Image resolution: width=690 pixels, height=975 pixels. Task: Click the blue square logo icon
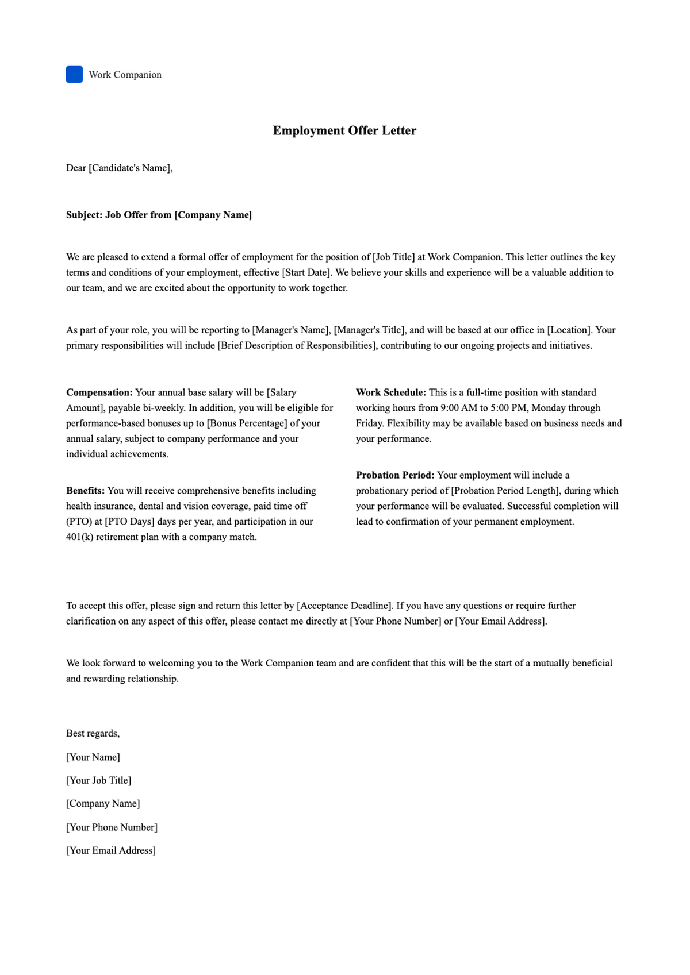point(74,75)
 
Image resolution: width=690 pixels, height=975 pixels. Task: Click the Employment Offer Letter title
point(344,130)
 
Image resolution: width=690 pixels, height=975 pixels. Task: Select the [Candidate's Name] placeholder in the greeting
point(129,168)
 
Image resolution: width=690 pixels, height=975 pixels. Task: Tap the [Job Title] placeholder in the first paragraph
point(393,257)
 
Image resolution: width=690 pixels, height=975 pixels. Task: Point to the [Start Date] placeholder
point(306,272)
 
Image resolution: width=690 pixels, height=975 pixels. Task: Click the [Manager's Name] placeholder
point(291,330)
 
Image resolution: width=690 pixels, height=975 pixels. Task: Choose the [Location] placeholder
point(569,330)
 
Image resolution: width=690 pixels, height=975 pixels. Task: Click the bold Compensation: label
point(99,392)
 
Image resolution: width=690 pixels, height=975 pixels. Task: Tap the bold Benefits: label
point(86,491)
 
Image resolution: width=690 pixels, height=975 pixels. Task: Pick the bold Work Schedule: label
point(391,392)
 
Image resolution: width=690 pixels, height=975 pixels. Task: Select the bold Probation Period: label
point(395,475)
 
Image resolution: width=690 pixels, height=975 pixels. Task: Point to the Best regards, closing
point(93,733)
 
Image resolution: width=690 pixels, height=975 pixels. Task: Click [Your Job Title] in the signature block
point(99,780)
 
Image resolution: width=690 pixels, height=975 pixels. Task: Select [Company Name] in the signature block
point(103,803)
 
